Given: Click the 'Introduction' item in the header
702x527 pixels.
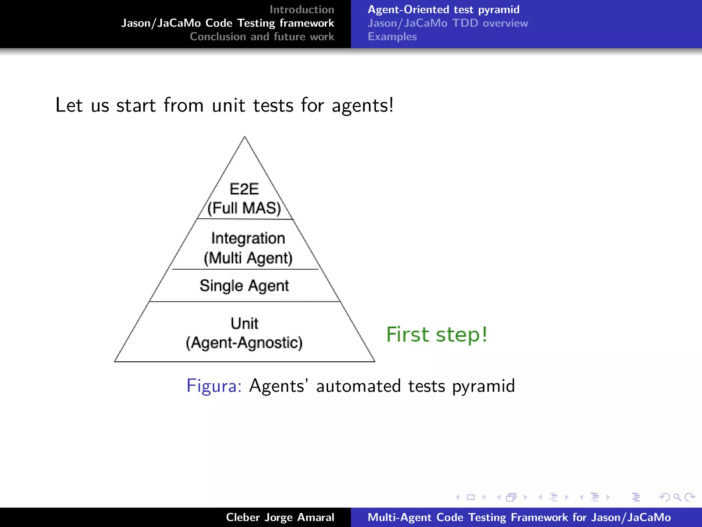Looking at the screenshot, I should coord(302,10).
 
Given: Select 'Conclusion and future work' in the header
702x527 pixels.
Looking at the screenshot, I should coord(262,37).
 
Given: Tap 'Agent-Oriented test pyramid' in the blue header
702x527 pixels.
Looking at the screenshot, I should coord(444,10).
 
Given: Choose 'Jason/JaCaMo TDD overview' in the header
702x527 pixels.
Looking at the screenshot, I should coord(448,23).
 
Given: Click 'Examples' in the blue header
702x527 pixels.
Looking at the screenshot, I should coord(392,37).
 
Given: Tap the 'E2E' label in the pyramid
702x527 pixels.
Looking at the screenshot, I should coord(244,189).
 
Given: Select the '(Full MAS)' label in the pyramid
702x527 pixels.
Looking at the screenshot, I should coord(244,208).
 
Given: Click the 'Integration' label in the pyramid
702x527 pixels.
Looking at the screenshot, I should coord(248,238).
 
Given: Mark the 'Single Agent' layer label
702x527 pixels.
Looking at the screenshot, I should coord(244,286).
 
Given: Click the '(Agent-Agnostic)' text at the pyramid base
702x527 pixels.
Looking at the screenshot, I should coord(244,343).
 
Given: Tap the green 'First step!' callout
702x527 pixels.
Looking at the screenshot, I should coord(437,335).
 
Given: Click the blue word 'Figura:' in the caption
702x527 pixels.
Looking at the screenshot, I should coord(214,386).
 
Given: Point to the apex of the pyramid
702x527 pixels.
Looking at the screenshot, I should coord(244,137).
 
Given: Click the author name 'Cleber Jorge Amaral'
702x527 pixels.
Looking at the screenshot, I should coord(280,517).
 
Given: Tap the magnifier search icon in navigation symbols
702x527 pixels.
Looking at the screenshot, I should coord(677,497).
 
